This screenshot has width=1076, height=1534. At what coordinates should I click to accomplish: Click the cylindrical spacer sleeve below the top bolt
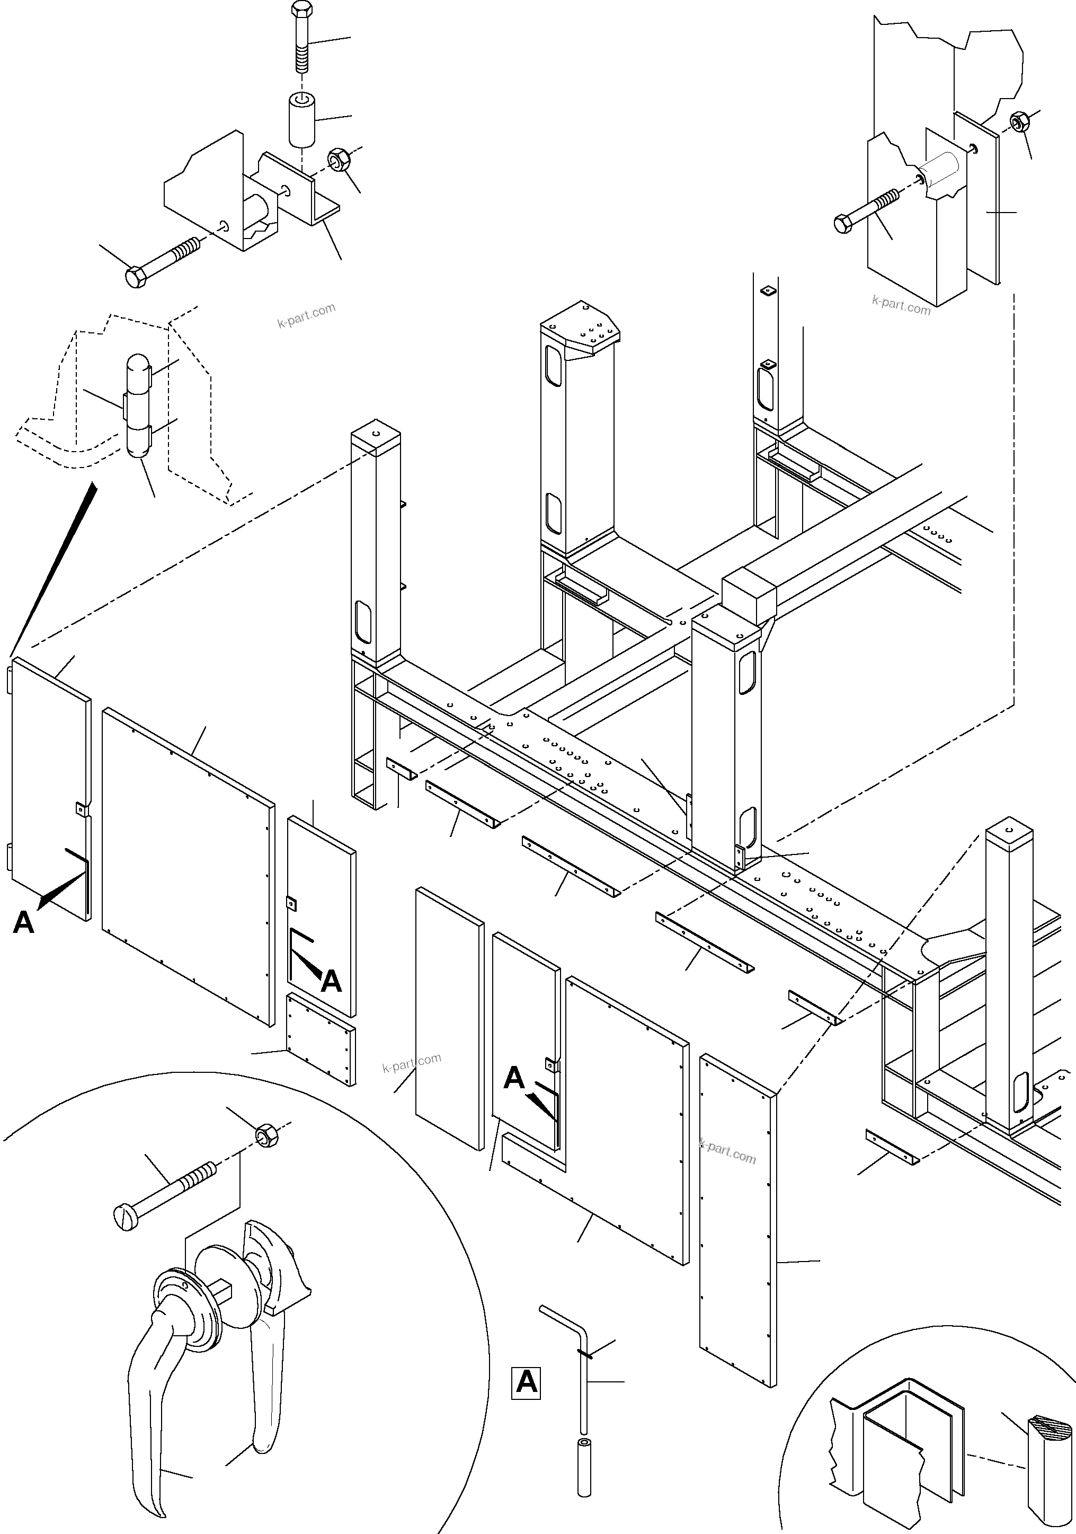[302, 120]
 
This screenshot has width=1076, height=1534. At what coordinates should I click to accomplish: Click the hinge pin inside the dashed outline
[138, 406]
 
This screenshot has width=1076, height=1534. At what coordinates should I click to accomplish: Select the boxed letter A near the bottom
[526, 1382]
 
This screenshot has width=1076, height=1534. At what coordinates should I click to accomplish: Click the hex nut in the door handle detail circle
[266, 1135]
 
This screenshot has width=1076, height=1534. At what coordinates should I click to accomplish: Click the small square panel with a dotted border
[321, 1047]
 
